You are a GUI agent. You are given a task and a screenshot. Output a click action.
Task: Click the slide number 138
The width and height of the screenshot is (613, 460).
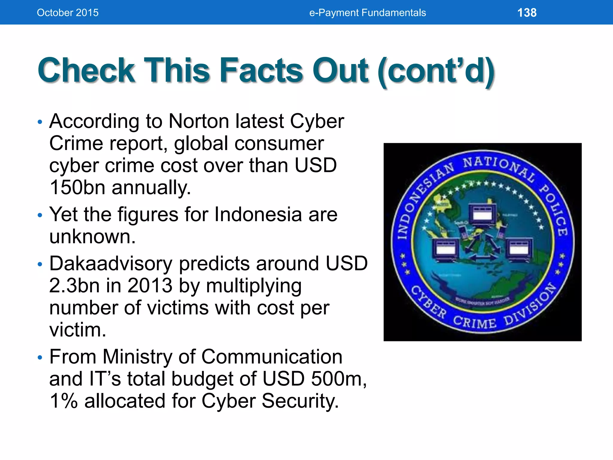point(527,13)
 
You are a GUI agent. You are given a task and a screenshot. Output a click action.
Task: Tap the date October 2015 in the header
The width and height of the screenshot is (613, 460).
point(68,13)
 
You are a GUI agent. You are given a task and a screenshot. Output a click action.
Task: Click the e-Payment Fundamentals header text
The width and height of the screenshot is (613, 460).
point(367,13)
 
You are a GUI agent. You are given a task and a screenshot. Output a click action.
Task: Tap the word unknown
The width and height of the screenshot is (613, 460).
point(92,237)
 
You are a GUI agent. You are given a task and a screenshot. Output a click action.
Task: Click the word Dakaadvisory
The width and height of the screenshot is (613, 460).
point(111,264)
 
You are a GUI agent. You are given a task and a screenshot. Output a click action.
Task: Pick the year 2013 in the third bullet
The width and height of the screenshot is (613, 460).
point(150,285)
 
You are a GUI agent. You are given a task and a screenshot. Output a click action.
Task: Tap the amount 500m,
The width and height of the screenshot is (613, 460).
point(339,379)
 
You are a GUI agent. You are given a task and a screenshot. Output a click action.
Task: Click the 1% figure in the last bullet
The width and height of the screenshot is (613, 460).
point(63,401)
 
